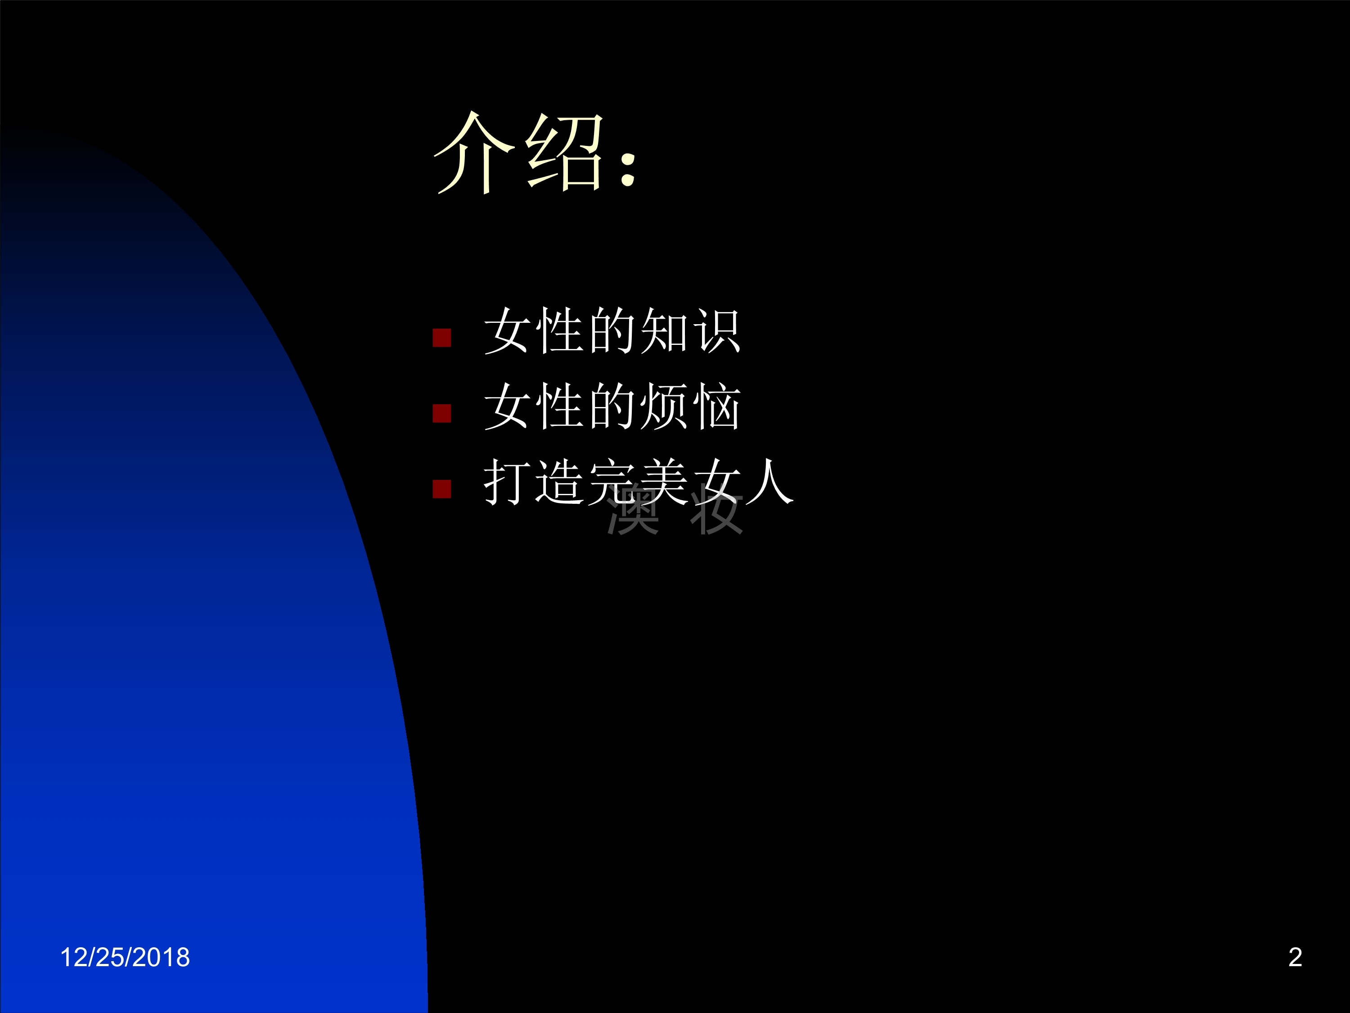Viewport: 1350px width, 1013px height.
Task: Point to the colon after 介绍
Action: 628,166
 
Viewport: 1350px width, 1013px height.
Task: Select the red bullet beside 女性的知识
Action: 442,338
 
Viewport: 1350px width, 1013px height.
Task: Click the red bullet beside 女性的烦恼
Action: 442,413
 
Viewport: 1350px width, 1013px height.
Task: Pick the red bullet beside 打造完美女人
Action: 442,489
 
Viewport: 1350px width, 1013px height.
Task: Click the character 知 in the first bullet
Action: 664,331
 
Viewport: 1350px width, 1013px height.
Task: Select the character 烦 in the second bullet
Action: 664,407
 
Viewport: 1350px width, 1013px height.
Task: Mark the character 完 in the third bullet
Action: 612,482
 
